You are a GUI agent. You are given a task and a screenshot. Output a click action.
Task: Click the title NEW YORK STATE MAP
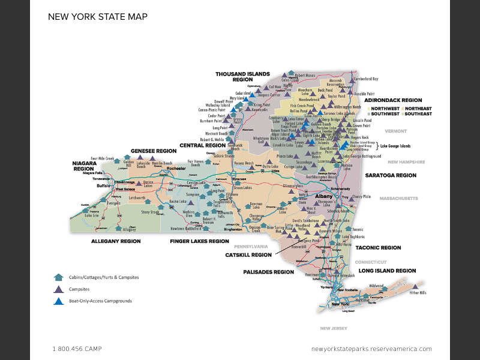[97, 16]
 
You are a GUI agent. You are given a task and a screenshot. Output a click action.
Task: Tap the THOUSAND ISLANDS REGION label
[234, 76]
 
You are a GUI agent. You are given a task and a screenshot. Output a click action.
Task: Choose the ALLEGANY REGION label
[115, 241]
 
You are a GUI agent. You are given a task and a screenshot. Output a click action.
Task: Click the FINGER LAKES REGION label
[199, 241]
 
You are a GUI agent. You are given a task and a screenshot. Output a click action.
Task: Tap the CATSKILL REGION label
[248, 254]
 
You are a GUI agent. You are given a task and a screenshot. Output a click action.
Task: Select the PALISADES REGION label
[268, 272]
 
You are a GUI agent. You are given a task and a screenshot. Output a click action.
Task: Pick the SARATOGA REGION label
[391, 175]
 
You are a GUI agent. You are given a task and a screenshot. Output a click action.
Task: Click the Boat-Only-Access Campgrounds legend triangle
[58, 301]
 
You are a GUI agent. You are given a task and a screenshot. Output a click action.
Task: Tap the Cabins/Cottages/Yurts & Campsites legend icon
[58, 278]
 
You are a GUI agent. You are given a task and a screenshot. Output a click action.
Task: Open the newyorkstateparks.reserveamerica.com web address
[371, 349]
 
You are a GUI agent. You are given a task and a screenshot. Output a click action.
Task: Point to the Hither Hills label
[418, 293]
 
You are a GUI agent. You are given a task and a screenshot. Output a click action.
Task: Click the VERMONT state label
[396, 131]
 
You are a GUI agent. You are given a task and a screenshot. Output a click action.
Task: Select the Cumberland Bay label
[366, 79]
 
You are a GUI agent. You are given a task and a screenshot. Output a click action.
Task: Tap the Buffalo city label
[88, 186]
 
